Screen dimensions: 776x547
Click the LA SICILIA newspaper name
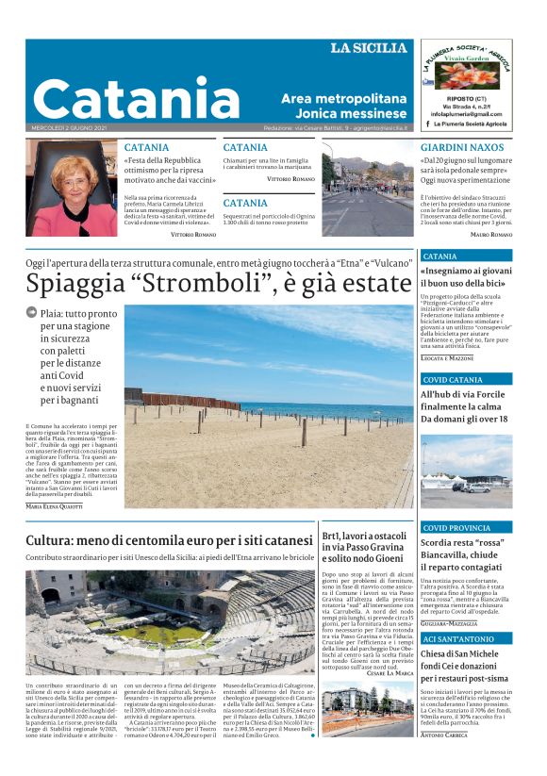tap(369, 48)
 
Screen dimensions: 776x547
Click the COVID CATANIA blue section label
tap(453, 380)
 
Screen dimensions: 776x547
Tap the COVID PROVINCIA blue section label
tap(456, 528)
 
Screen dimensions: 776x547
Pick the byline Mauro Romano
tap(490, 234)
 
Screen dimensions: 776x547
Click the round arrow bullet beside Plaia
tap(32, 312)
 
